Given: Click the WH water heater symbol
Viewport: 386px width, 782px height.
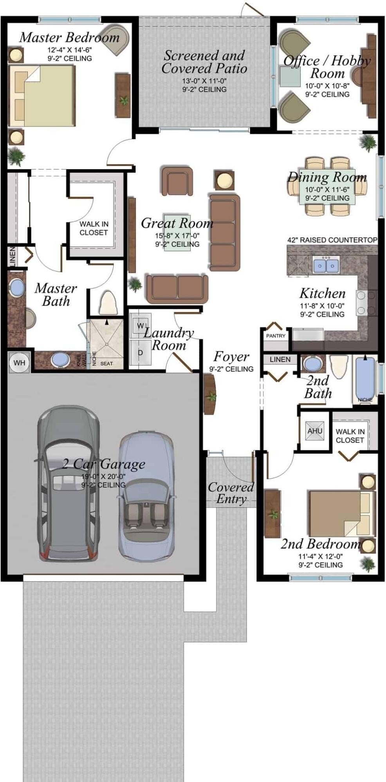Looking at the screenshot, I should pyautogui.click(x=19, y=362).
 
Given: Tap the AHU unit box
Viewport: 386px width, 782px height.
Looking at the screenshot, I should pyautogui.click(x=315, y=430).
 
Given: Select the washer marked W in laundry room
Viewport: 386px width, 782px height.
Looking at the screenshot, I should pyautogui.click(x=140, y=325).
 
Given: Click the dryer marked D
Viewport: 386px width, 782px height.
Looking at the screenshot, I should pyautogui.click(x=140, y=352).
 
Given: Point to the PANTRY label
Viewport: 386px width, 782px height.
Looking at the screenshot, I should pyautogui.click(x=276, y=335).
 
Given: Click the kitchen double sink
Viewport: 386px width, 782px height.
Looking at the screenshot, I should pyautogui.click(x=326, y=265).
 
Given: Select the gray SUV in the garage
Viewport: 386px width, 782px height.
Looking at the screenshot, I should pyautogui.click(x=68, y=484).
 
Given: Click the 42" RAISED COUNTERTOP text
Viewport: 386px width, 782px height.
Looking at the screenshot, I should pyautogui.click(x=332, y=240).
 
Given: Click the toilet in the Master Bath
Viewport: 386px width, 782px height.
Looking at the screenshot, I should pyautogui.click(x=108, y=303).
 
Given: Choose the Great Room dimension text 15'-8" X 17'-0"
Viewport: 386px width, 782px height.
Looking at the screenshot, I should pyautogui.click(x=177, y=236).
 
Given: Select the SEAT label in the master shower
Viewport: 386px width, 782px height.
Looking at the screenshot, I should pyautogui.click(x=106, y=363).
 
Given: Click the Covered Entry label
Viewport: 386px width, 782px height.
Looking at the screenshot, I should pyautogui.click(x=231, y=493).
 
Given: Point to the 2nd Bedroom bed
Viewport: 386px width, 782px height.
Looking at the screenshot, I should pyautogui.click(x=339, y=513).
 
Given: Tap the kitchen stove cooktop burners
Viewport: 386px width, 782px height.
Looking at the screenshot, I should pyautogui.click(x=366, y=303).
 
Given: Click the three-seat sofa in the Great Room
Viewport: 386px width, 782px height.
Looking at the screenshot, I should pyautogui.click(x=224, y=233).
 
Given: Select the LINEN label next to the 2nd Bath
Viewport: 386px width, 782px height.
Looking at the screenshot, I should pyautogui.click(x=280, y=359).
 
